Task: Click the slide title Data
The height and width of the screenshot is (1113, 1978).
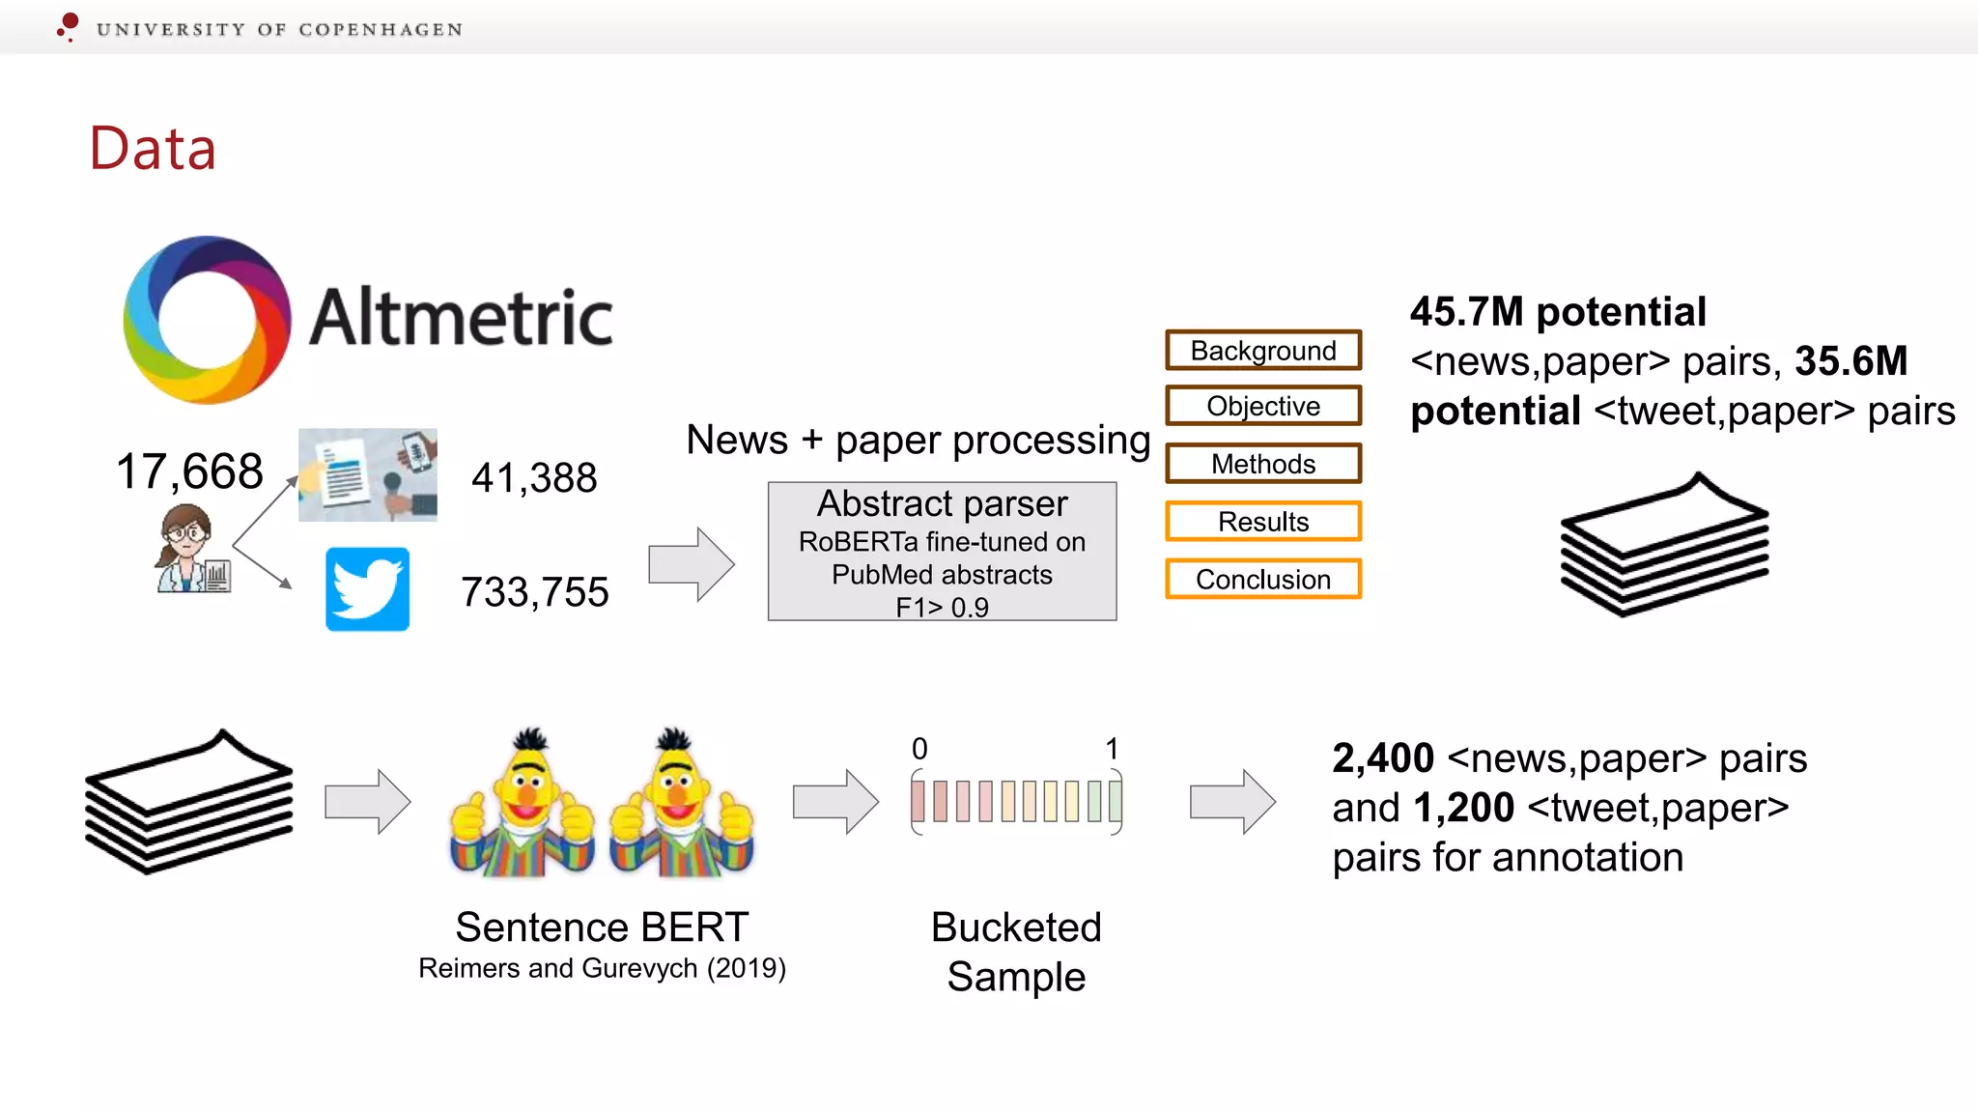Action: [153, 149]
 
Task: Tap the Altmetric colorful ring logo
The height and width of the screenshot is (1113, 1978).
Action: [207, 320]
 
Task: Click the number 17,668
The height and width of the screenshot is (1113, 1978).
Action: [189, 471]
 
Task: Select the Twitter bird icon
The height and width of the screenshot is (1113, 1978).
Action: [367, 589]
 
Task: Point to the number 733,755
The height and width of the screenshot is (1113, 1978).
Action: [534, 592]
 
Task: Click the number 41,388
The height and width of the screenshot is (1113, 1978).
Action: [534, 477]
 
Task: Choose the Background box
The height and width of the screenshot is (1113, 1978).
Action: [1263, 351]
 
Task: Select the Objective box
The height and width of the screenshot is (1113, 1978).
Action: [1263, 406]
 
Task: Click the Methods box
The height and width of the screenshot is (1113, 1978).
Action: [1263, 464]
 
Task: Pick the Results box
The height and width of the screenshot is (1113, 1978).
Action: [1263, 522]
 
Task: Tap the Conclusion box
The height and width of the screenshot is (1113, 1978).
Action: [1263, 580]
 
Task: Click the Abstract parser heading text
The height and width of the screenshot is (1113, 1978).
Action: [942, 503]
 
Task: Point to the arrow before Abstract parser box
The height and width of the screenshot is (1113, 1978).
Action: [691, 564]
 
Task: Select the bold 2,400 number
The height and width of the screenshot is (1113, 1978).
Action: [1383, 758]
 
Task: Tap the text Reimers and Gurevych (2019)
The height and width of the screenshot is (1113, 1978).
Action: [602, 968]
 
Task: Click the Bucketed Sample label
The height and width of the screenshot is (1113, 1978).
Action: [1016, 952]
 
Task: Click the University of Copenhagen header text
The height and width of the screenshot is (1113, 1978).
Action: [279, 29]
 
